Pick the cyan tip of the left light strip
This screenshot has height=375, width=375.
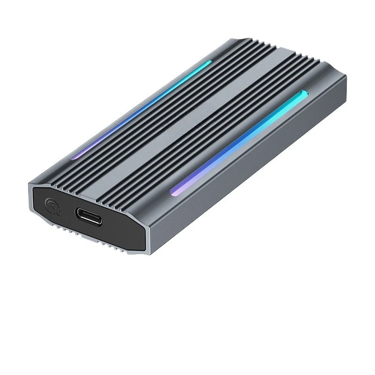pos(209,62)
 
